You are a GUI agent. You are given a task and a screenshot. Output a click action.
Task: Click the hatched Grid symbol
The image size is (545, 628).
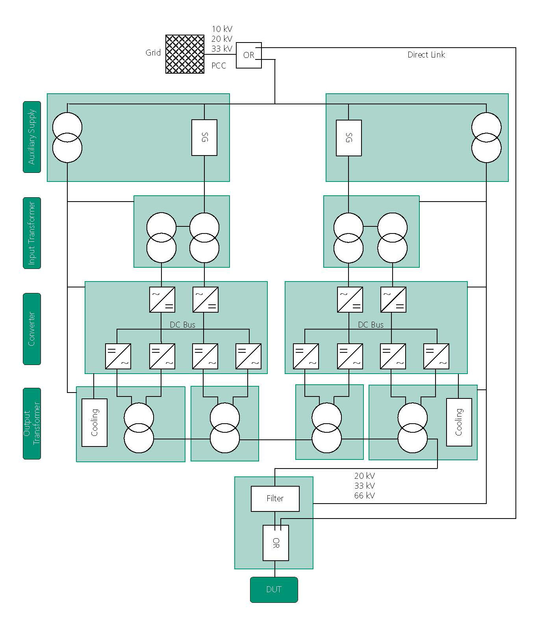[x=185, y=54]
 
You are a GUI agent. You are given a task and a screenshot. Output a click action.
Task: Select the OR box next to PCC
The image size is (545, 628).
[x=248, y=55]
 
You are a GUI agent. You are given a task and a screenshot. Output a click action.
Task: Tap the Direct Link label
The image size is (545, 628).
[x=426, y=55]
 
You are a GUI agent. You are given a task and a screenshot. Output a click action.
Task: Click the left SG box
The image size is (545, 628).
[x=204, y=137]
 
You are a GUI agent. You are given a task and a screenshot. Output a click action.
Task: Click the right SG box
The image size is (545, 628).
[x=349, y=138]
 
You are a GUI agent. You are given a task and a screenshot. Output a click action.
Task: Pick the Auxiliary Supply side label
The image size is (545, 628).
[x=32, y=137]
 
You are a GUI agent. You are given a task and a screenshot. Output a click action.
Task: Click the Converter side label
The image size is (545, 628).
[x=32, y=329]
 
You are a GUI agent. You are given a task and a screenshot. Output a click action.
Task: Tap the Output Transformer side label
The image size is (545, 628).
[x=32, y=423]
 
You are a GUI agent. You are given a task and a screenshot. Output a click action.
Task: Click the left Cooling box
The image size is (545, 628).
[x=95, y=422]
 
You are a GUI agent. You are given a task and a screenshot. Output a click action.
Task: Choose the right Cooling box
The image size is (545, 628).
[x=459, y=422]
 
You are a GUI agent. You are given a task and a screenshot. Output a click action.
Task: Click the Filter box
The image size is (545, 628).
[x=275, y=498]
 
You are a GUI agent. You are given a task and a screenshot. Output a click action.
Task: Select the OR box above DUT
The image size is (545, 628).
[x=276, y=543]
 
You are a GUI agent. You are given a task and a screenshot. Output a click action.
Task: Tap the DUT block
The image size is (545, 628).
[x=274, y=589]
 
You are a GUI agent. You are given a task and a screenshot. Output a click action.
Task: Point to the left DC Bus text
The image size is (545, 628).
[x=182, y=325]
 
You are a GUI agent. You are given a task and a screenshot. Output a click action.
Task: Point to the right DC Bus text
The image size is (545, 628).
[x=371, y=325]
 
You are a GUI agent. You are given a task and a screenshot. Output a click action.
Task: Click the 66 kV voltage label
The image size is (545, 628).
[x=364, y=496]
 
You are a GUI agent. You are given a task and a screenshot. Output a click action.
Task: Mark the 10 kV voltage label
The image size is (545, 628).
[x=222, y=29]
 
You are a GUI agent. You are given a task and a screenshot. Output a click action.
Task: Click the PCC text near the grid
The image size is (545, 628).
[x=219, y=66]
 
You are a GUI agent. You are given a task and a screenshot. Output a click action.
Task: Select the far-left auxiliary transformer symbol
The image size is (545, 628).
[x=67, y=138]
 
